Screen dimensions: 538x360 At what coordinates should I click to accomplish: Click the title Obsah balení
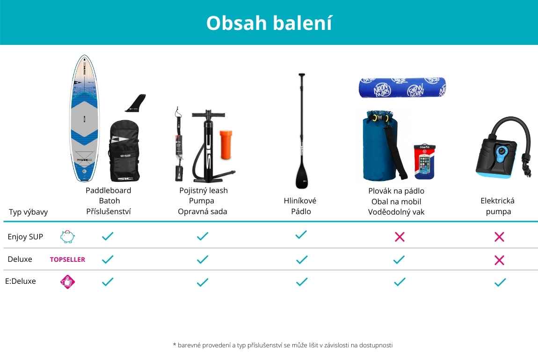(269, 23)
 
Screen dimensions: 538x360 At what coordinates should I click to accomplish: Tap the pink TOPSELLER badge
(67, 259)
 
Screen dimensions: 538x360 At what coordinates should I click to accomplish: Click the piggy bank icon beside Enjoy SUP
(67, 237)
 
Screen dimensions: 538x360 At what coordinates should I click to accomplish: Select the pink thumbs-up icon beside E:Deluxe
(67, 282)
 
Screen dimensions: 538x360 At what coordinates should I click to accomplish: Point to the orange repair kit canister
(226, 144)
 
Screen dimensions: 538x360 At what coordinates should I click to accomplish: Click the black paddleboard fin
(136, 103)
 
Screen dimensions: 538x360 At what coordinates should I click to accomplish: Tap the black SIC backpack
(124, 151)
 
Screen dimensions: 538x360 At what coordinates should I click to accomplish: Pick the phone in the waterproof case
(424, 162)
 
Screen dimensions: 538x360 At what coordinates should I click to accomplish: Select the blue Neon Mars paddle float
(402, 87)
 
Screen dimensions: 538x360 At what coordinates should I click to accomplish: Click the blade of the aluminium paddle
(302, 173)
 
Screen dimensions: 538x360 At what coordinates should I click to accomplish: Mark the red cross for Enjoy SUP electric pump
(499, 237)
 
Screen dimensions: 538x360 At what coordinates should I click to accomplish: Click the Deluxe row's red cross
(499, 260)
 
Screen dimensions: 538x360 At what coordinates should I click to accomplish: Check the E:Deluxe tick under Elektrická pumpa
(500, 282)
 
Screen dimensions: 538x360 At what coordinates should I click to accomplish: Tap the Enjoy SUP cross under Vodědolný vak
(400, 237)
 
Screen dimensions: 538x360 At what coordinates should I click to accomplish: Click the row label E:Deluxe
(21, 281)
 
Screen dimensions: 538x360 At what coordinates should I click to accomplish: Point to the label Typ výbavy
(28, 212)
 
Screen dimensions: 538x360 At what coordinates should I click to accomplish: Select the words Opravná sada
(203, 211)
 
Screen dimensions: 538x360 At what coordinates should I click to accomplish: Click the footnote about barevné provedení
(283, 345)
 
